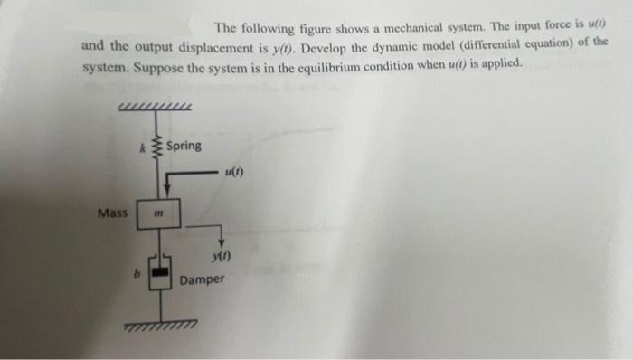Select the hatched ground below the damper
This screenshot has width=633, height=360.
coord(159,323)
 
